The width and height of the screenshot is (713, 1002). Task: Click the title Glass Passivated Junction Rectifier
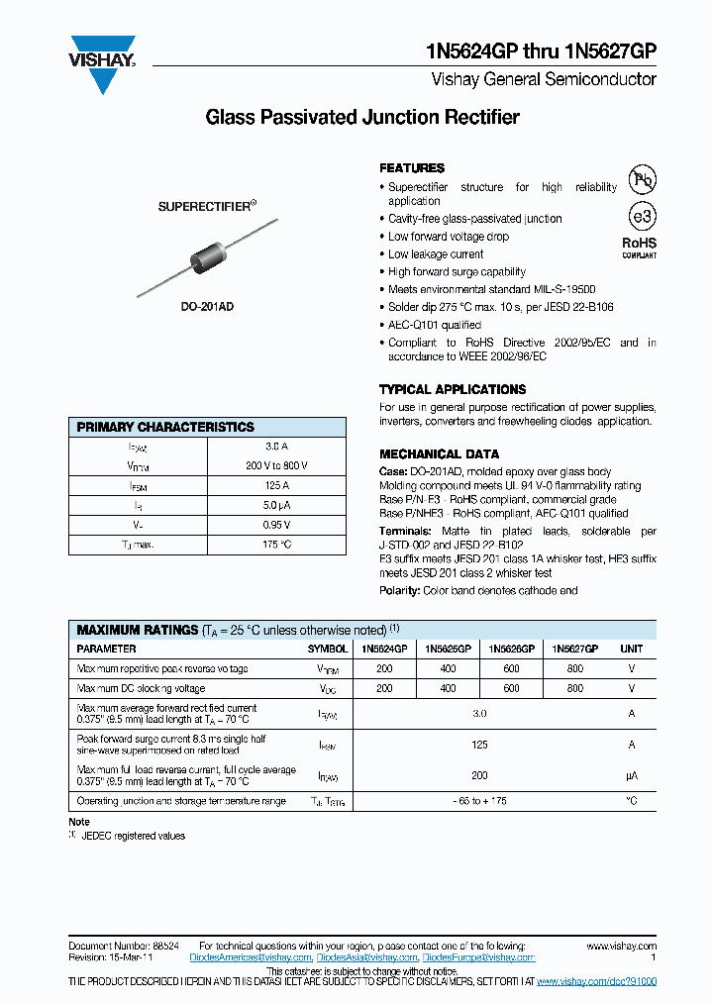(361, 118)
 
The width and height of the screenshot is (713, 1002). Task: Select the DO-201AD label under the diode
(208, 307)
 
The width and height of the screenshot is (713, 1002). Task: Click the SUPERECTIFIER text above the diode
(207, 207)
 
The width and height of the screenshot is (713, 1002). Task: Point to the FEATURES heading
(412, 168)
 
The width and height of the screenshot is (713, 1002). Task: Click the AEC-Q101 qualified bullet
(434, 325)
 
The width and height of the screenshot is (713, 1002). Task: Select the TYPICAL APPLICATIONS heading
(453, 390)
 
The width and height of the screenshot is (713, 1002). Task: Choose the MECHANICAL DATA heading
(434, 454)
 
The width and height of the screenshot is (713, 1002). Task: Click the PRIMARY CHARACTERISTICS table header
(165, 428)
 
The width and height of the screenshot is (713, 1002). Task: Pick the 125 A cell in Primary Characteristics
(276, 486)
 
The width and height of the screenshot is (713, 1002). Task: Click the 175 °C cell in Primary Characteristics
(276, 545)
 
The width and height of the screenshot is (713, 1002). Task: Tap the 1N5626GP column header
(511, 650)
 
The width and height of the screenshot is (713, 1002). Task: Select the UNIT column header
(631, 650)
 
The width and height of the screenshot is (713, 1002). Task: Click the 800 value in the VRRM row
(575, 669)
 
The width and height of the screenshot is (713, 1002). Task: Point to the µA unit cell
(631, 776)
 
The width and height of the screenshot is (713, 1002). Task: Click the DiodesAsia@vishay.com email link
(368, 958)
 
